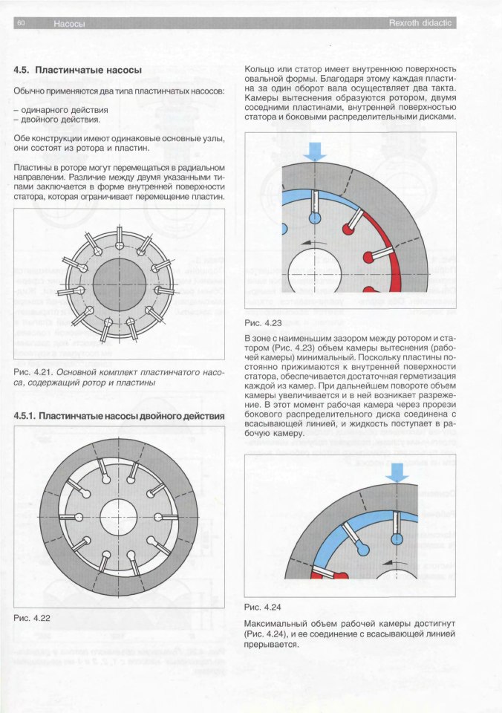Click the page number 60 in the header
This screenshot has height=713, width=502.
(x=21, y=24)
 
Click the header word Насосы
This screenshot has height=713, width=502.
(x=69, y=24)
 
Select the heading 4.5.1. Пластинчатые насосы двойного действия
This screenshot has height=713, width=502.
(x=120, y=416)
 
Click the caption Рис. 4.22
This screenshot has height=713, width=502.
(x=32, y=618)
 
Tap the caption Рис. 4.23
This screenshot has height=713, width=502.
(x=263, y=323)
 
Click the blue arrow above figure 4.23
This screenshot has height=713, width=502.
(x=316, y=151)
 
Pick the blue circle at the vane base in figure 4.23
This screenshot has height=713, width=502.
(x=316, y=219)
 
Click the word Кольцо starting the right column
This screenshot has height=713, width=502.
(x=261, y=71)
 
